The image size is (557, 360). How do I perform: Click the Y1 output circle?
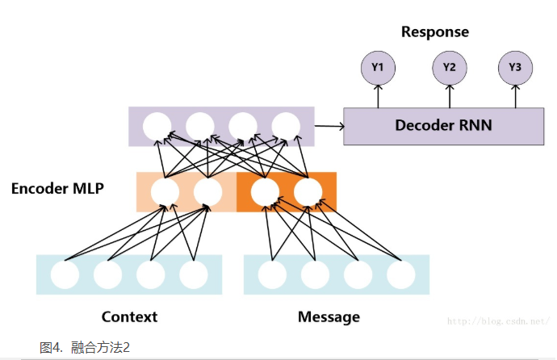pyautogui.click(x=378, y=68)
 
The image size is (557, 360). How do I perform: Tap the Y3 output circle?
pyautogui.click(x=515, y=68)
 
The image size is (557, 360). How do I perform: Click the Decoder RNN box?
pyautogui.click(x=443, y=126)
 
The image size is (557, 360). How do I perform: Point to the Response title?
pyautogui.click(x=434, y=32)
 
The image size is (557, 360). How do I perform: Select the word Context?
pyautogui.click(x=129, y=316)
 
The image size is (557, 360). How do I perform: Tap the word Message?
pyautogui.click(x=328, y=316)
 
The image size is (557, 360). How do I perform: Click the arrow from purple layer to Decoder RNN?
pyautogui.click(x=329, y=126)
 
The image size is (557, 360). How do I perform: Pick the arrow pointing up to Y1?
pyautogui.click(x=378, y=96)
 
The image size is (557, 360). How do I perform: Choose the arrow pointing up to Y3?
pyautogui.click(x=515, y=96)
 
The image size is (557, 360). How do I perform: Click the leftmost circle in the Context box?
pyautogui.click(x=65, y=275)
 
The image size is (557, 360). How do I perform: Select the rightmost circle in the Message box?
pyautogui.click(x=400, y=275)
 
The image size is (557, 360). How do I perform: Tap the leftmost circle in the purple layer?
pyautogui.click(x=156, y=127)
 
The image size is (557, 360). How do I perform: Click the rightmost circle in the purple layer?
pyautogui.click(x=285, y=127)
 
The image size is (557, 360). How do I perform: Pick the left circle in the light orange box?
pyautogui.click(x=165, y=192)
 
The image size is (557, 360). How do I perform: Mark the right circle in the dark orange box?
pyautogui.click(x=308, y=192)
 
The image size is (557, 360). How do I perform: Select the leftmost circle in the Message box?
pyautogui.click(x=272, y=275)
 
